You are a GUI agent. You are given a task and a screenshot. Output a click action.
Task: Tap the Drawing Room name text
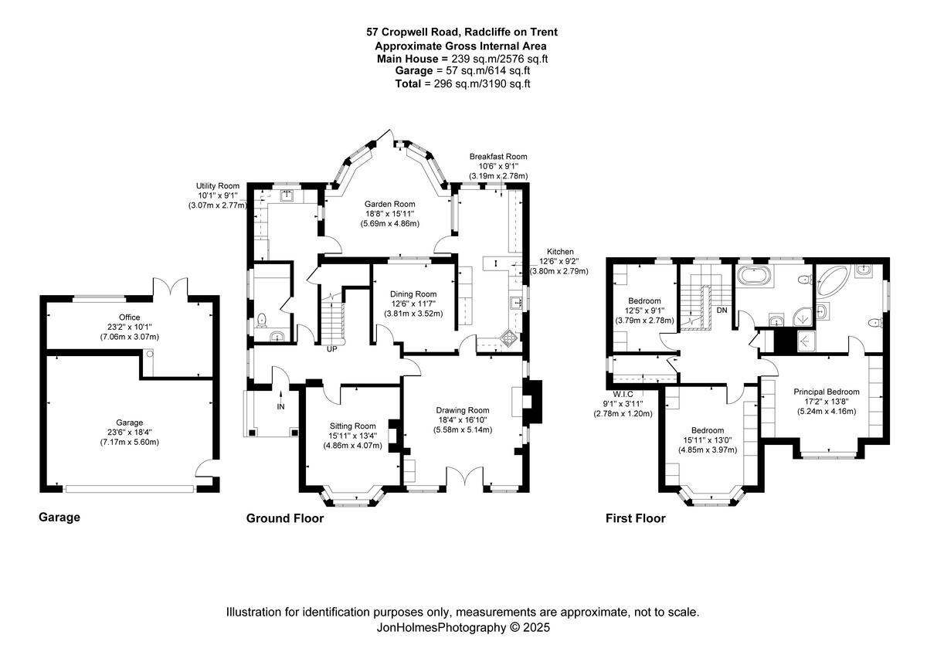tap(463, 410)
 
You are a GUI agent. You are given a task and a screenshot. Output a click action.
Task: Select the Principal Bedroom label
tap(827, 392)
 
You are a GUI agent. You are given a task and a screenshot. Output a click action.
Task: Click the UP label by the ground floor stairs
tap(331, 349)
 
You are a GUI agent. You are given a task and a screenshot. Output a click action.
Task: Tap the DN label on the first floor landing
tap(722, 310)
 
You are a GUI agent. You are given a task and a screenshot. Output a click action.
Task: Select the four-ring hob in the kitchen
tap(511, 338)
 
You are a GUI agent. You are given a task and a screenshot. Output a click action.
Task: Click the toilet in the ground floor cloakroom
tap(262, 318)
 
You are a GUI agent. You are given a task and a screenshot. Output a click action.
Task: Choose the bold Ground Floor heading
tap(284, 518)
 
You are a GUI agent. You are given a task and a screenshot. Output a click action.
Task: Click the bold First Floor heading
tap(635, 518)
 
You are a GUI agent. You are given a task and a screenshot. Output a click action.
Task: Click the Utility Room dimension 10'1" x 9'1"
tap(217, 196)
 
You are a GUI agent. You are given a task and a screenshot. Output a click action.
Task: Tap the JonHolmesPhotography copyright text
tap(463, 628)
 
